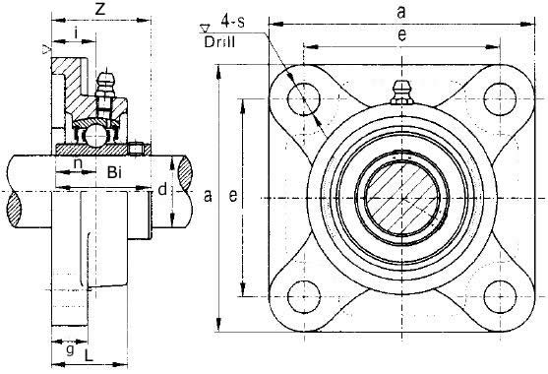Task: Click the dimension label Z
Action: pos(100,9)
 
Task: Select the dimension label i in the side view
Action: pos(76,32)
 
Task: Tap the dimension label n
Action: pos(79,162)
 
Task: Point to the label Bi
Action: pos(114,172)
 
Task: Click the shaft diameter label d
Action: pos(162,189)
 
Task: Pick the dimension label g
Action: pos(70,348)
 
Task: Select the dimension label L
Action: pos(90,355)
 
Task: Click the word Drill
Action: pos(219,42)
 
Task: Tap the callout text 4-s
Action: pos(233,22)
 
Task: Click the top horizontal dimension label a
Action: pos(401,12)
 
